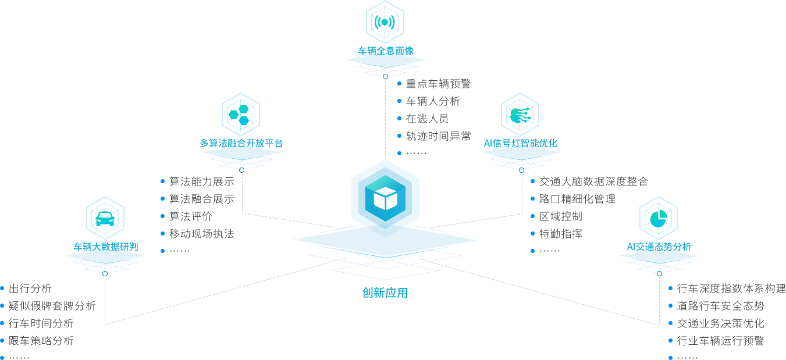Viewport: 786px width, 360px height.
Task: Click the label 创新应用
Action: click(x=385, y=293)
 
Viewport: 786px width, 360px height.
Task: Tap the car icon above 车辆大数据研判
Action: click(x=105, y=218)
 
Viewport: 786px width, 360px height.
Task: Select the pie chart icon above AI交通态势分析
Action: click(x=659, y=218)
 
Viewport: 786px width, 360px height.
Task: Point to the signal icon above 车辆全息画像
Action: click(x=385, y=22)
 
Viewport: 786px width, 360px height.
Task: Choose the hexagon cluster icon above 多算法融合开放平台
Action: click(x=241, y=115)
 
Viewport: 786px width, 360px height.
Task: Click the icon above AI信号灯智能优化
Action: click(x=520, y=115)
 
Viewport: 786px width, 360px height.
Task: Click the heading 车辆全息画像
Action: click(x=385, y=51)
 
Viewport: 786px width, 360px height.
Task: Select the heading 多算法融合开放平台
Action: click(x=241, y=143)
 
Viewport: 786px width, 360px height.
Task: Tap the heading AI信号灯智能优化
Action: click(x=520, y=143)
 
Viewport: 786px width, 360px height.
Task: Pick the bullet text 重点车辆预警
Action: click(x=438, y=84)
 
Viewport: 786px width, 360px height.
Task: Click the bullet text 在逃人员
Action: click(x=427, y=119)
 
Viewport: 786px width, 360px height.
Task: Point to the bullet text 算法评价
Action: click(x=190, y=216)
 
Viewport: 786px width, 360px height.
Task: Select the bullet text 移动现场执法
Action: click(x=201, y=234)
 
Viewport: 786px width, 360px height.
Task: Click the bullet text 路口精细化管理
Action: click(x=577, y=199)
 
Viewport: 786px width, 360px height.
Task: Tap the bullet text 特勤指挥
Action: click(x=560, y=234)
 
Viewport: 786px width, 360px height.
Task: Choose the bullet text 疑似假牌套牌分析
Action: click(x=52, y=306)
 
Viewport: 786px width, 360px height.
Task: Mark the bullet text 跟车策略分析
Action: click(x=41, y=341)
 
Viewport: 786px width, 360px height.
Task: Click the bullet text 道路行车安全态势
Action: click(x=720, y=306)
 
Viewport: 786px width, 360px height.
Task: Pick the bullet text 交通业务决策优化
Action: click(x=720, y=323)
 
